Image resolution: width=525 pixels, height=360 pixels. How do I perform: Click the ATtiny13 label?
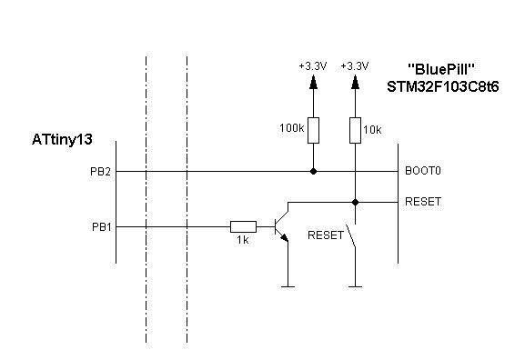point(62,140)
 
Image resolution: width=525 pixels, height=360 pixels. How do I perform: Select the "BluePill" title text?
point(441,70)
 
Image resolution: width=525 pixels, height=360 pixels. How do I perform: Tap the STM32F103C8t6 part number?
point(442,87)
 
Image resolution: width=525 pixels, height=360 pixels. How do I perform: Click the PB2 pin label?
point(100,172)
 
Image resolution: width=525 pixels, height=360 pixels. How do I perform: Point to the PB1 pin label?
point(101,227)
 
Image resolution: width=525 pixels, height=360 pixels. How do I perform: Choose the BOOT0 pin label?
point(423,171)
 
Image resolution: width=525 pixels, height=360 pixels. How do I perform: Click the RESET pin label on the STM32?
point(423,202)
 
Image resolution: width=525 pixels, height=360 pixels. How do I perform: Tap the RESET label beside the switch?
point(326,235)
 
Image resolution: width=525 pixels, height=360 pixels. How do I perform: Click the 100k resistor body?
point(313,131)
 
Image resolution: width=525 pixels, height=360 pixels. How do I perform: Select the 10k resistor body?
point(355,131)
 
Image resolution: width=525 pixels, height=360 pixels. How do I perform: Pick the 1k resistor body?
point(244,227)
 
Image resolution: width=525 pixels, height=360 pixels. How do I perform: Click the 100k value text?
point(292,128)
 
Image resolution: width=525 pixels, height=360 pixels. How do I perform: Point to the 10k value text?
point(372,130)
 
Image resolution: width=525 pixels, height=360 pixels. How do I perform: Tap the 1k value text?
point(243,240)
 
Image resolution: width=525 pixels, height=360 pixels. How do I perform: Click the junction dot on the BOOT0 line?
point(313,172)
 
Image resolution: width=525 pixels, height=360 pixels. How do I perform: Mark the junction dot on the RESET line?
point(355,203)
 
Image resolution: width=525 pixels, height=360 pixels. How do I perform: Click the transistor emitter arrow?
point(284,237)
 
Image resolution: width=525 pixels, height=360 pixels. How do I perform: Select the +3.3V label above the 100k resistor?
point(313,66)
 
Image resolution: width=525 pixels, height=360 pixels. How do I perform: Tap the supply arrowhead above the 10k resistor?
point(355,83)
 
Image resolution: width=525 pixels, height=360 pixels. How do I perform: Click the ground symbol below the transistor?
point(288,286)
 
